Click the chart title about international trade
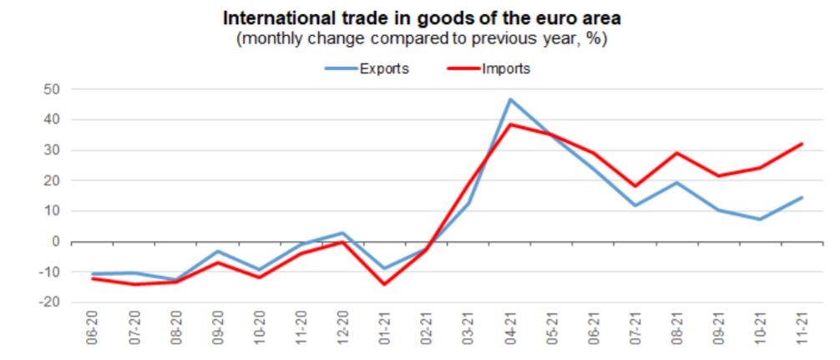coord(421,18)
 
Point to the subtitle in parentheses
coord(421,39)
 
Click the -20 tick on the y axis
coord(49,302)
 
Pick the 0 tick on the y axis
coord(57,241)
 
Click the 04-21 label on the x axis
coord(510,331)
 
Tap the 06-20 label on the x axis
coord(93,331)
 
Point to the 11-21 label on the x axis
coord(802,331)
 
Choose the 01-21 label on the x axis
coord(385,331)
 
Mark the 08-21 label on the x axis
coord(677,331)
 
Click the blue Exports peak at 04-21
coord(510,99)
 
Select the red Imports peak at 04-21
coord(510,124)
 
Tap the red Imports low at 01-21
coord(385,284)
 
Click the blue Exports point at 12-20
coord(343,233)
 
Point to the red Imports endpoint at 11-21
coord(802,144)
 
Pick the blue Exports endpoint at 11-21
coord(802,198)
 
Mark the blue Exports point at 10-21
coord(761,220)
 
